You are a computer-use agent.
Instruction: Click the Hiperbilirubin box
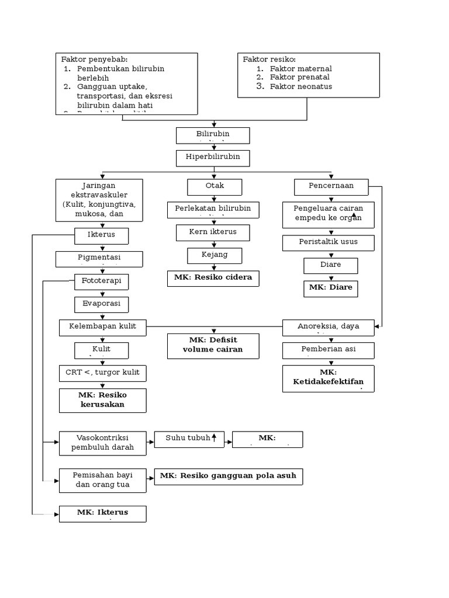213,158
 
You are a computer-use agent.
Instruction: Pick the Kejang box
215,255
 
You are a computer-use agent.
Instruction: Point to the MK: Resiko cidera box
213,278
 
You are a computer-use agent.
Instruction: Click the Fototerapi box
101,281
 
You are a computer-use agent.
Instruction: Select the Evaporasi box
101,304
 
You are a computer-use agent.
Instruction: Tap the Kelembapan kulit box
102,327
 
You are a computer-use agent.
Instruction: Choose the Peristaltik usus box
329,242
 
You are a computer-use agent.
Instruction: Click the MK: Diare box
330,288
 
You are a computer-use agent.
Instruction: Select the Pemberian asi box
329,350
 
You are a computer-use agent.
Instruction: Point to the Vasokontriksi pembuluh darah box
102,443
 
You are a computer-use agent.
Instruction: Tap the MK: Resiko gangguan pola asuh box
229,477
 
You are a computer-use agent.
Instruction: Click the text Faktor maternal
301,68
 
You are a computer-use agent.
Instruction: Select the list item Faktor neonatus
301,86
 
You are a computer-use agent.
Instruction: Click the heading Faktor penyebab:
94,59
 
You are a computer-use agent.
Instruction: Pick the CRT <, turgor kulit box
102,373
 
